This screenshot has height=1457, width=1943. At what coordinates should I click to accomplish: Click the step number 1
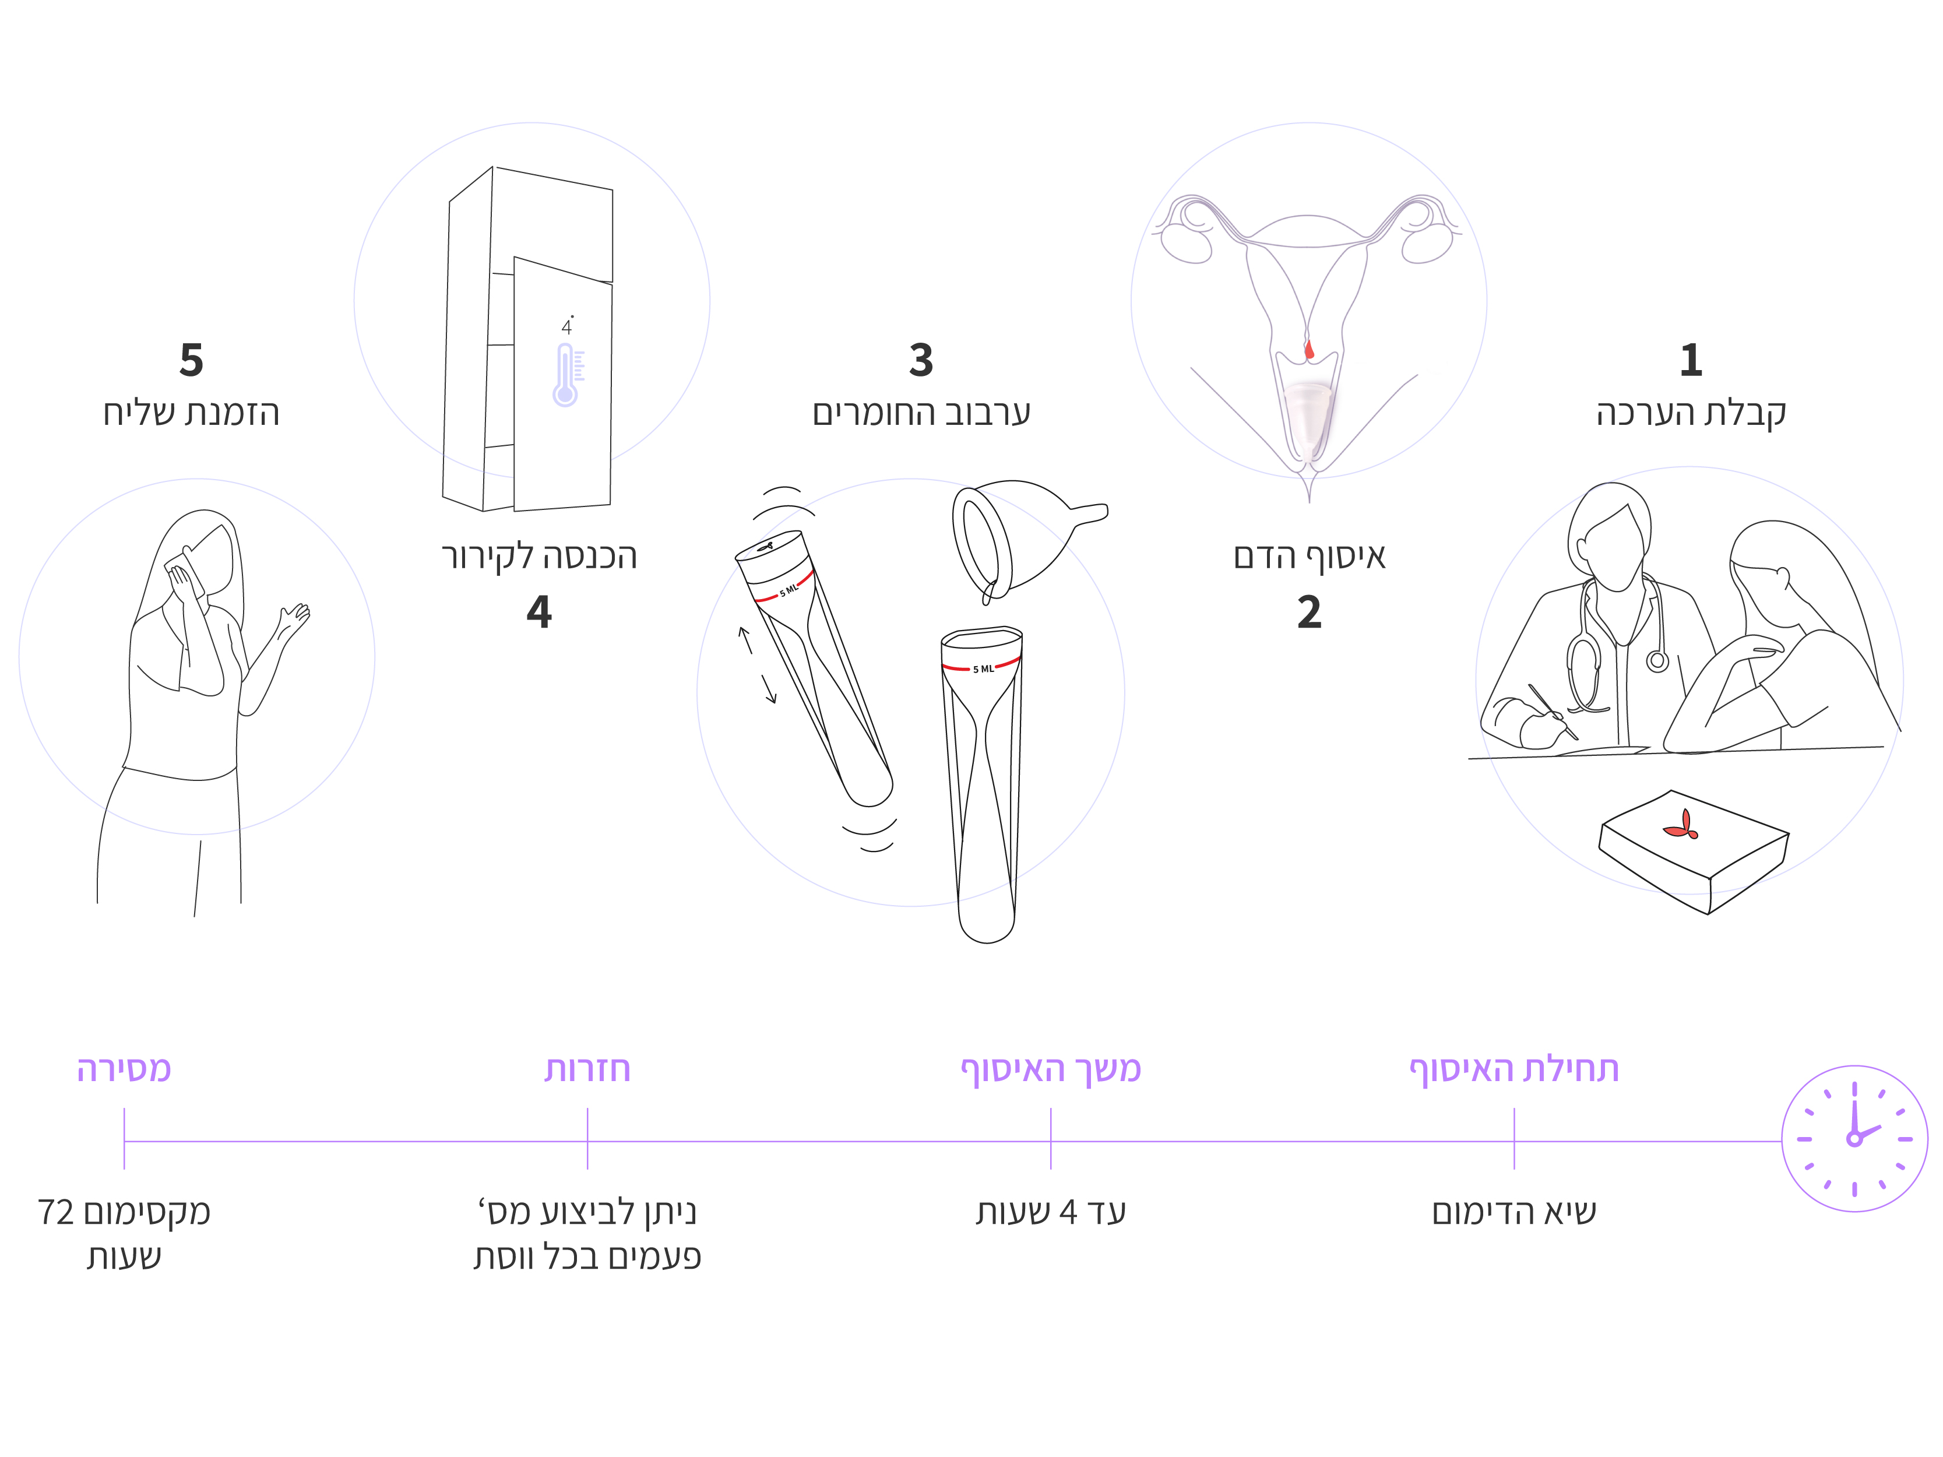[x=1691, y=360]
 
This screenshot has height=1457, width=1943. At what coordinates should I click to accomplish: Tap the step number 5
[x=192, y=360]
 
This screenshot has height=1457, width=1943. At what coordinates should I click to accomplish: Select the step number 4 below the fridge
[x=539, y=611]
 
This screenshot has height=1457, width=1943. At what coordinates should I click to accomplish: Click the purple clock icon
[x=1854, y=1139]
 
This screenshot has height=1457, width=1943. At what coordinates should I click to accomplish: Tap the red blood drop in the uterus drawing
[x=1309, y=350]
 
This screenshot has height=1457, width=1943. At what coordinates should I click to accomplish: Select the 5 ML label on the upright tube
[x=984, y=669]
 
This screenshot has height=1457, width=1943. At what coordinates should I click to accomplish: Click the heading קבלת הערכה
[x=1691, y=413]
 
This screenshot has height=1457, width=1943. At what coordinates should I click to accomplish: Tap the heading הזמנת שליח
[x=192, y=413]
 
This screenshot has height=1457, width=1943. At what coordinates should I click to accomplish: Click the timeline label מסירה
[x=124, y=1069]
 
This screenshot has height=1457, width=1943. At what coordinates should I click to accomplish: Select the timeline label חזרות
[x=587, y=1069]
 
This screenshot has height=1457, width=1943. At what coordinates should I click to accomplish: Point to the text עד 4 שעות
[x=1051, y=1212]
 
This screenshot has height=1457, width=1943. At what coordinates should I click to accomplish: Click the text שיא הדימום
[x=1514, y=1212]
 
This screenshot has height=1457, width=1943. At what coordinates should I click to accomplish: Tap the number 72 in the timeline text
[x=56, y=1213]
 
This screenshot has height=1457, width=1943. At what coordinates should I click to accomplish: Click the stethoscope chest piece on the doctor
[x=1657, y=660]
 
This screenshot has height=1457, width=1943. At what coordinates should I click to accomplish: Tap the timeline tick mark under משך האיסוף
[x=1051, y=1139]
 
